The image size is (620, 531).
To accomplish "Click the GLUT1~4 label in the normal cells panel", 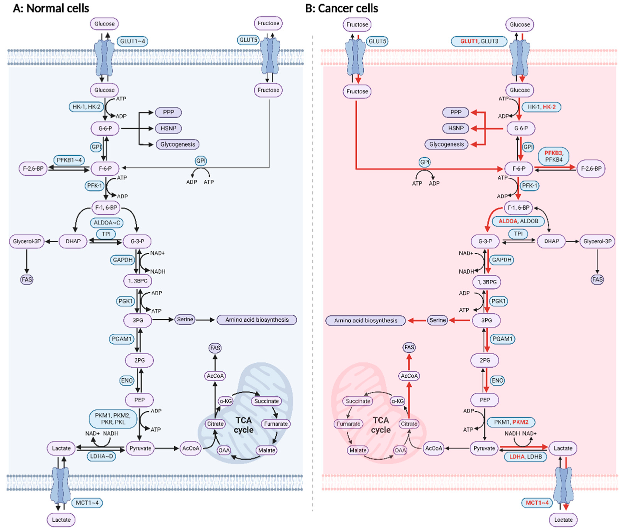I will tap(132, 41).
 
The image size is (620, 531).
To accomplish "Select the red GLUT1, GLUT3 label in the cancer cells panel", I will tap(479, 41).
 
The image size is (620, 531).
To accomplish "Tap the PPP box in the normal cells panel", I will tap(168, 112).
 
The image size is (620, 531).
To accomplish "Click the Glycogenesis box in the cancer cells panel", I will tap(446, 144).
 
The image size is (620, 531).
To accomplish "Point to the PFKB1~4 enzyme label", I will tap(69, 160).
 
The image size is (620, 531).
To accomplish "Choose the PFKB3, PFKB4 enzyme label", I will tap(553, 156).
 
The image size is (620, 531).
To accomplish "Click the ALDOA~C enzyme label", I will tap(107, 222).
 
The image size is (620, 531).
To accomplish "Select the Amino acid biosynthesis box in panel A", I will tap(257, 320).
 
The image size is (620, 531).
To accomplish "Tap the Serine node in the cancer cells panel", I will tap(437, 321).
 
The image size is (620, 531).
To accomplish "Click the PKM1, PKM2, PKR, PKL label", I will tap(113, 419).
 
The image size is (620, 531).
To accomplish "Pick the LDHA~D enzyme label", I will tap(101, 456).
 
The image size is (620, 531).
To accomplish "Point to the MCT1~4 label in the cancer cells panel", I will tap(537, 503).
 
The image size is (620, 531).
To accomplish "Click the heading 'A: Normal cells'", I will tap(51, 8).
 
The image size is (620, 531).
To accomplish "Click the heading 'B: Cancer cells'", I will tap(341, 8).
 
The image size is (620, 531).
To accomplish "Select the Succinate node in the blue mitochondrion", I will tap(266, 401).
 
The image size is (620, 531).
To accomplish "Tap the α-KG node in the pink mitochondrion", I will tap(397, 401).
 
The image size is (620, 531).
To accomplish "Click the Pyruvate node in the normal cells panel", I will tap(140, 448).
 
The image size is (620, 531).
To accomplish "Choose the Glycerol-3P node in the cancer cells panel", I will tap(597, 241).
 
